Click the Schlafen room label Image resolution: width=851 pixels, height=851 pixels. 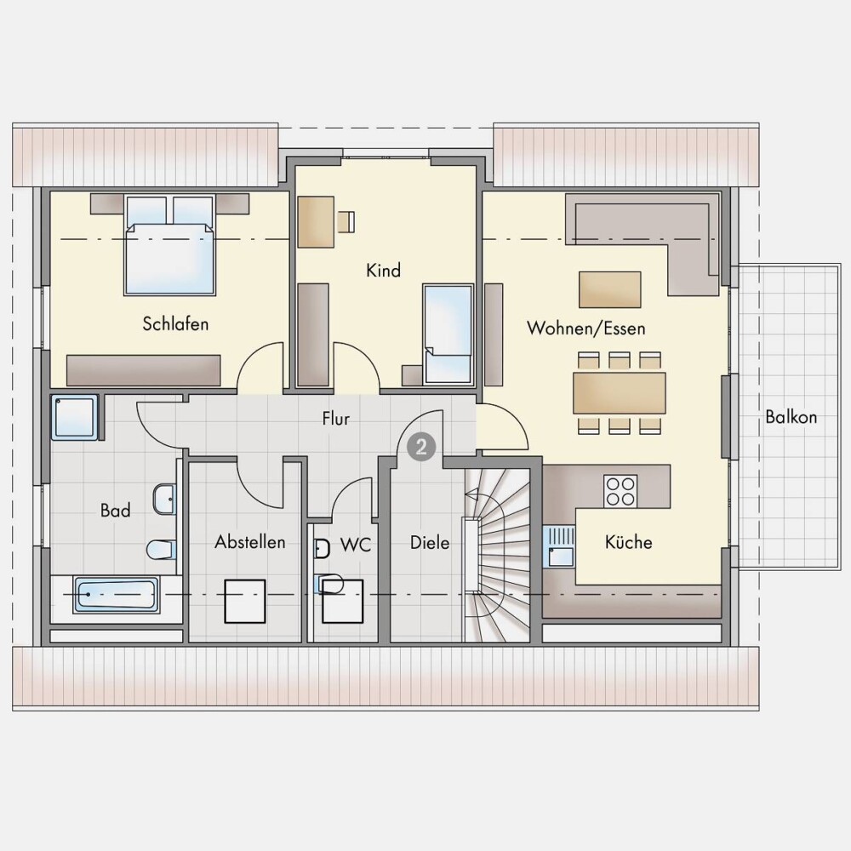(x=175, y=324)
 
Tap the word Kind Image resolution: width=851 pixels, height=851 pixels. (x=383, y=271)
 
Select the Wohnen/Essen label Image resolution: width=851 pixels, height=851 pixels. (x=586, y=328)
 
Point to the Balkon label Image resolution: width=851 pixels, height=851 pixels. (x=791, y=417)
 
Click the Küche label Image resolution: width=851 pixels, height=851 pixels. (x=629, y=541)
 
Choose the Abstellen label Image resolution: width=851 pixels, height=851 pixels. (x=249, y=541)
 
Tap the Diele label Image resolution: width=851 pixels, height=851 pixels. (x=430, y=543)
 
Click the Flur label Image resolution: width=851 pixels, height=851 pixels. (x=336, y=419)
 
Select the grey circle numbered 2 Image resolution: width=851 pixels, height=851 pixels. (x=422, y=448)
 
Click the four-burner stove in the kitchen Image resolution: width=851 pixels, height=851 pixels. (x=620, y=491)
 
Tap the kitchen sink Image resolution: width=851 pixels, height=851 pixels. (x=559, y=546)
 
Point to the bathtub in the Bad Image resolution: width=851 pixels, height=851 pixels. (x=116, y=596)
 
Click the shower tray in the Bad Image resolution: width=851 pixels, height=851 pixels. (x=74, y=417)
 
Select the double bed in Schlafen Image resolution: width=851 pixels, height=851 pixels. (x=170, y=245)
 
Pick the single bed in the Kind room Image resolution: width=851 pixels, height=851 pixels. (x=448, y=334)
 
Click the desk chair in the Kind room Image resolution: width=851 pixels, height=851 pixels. (x=346, y=221)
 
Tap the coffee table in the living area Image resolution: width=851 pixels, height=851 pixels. (x=610, y=290)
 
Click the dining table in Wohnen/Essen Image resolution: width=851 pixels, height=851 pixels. (x=620, y=393)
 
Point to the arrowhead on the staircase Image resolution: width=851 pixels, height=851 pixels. (x=471, y=494)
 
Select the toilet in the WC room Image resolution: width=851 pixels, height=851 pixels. (x=329, y=585)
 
